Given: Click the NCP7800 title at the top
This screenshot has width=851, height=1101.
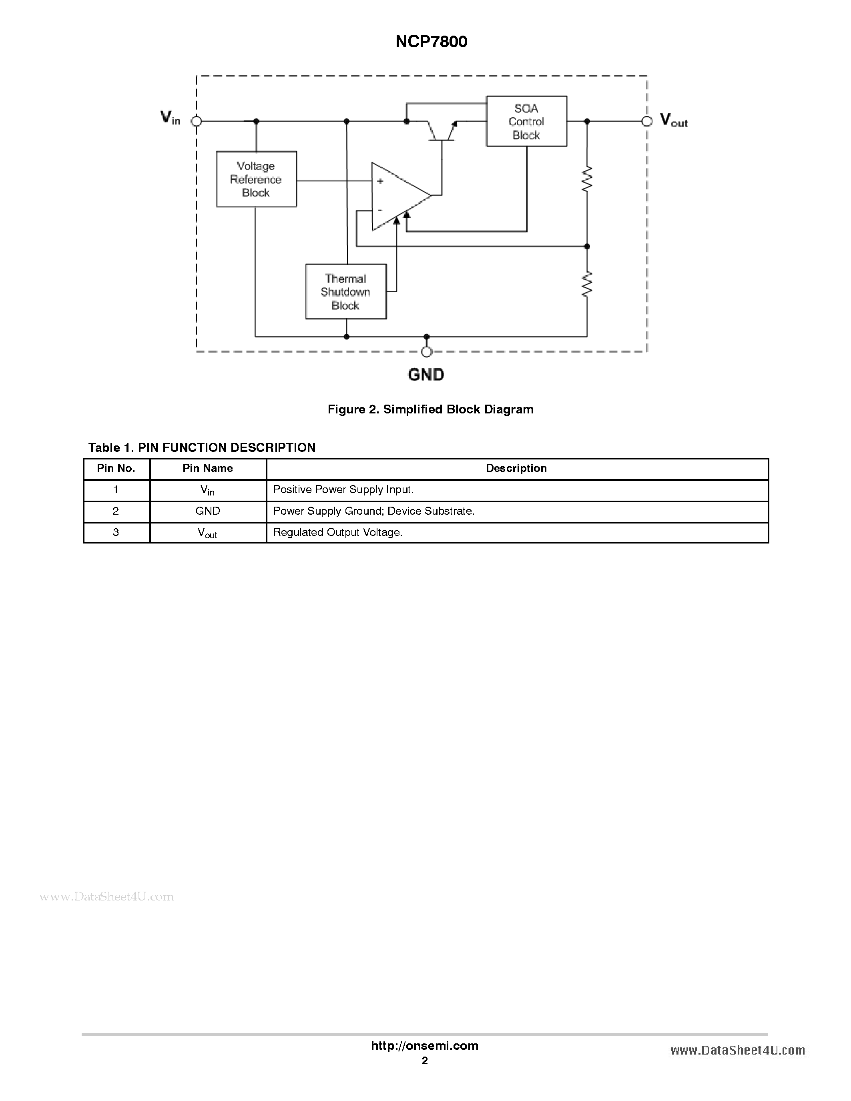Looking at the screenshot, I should (431, 41).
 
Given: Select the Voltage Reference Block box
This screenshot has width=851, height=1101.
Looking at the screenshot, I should (256, 179).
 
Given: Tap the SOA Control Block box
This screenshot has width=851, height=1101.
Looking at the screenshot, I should (526, 122).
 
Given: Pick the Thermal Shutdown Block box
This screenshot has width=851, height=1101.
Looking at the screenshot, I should (346, 292).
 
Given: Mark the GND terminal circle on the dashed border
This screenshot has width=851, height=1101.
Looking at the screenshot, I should (427, 351).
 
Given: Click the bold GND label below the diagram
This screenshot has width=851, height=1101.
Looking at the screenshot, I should (426, 375).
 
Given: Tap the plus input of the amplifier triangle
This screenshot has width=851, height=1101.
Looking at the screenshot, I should (380, 181).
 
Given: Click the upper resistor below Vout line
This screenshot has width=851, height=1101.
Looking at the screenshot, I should (586, 179).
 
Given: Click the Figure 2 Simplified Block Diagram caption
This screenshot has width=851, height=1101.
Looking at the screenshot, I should (431, 409).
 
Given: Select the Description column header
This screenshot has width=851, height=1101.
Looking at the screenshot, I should (516, 468).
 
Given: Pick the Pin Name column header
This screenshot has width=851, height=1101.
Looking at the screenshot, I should (208, 468).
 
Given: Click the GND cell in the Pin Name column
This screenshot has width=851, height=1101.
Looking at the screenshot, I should (208, 511).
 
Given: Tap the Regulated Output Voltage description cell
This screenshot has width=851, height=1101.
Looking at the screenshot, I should (338, 532).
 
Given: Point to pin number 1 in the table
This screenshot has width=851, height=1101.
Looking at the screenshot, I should (116, 489).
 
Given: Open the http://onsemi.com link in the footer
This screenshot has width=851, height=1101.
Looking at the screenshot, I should (424, 1045).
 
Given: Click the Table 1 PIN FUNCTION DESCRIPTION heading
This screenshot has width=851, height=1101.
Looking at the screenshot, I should (202, 448).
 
